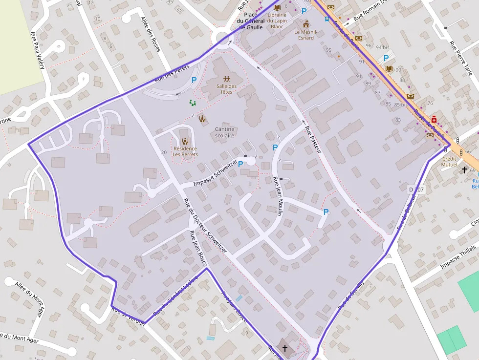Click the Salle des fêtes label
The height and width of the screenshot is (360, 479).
pos(226,89)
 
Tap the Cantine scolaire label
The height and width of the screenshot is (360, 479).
pos(224,132)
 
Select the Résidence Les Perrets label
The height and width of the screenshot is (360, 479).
pos(185,151)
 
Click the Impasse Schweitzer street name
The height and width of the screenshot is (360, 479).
pos(216,173)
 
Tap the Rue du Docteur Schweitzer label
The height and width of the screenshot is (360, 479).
pos(205,225)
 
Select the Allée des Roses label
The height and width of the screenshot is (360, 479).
pos(150,34)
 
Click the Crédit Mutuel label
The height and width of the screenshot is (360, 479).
pos(449,162)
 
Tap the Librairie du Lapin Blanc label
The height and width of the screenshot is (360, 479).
pos(277,21)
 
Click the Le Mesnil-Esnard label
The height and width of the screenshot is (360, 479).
pos(306,35)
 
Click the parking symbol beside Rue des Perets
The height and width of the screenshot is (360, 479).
pos(194,80)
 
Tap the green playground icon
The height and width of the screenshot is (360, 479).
pos(193,103)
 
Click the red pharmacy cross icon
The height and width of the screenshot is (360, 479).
pos(434,119)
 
